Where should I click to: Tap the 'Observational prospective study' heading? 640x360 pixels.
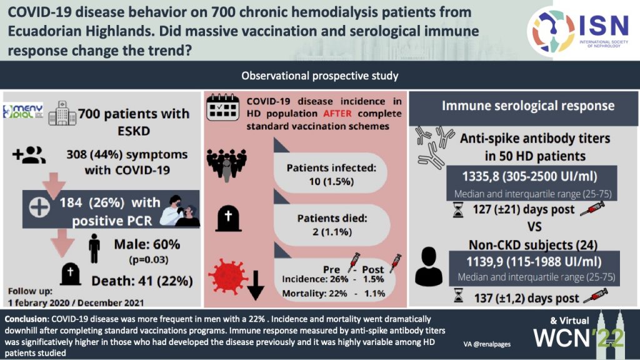[320, 76]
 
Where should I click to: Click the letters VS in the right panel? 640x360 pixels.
[523, 226]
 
